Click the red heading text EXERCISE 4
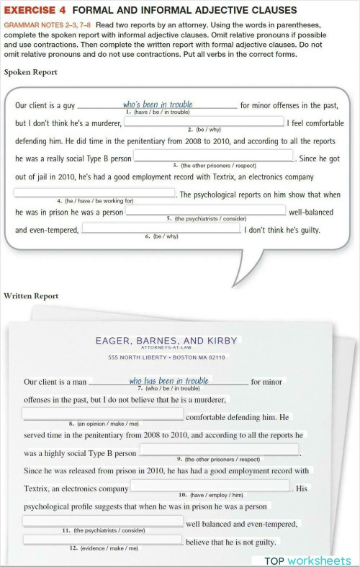tap(35, 10)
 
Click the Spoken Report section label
tap(30, 72)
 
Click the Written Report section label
tap(31, 296)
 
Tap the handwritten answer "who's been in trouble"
tap(158, 104)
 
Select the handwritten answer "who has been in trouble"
tap(168, 380)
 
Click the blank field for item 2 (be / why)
tap(204, 122)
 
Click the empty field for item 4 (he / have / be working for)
tap(94, 192)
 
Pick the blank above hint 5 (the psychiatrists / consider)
tap(206, 210)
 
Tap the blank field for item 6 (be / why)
tap(161, 228)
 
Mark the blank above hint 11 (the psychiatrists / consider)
tap(103, 521)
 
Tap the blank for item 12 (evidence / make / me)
tap(103, 540)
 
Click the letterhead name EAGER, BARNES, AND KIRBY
tap(166, 341)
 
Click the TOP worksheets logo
tap(307, 561)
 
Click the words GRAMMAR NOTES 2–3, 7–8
tap(48, 24)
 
